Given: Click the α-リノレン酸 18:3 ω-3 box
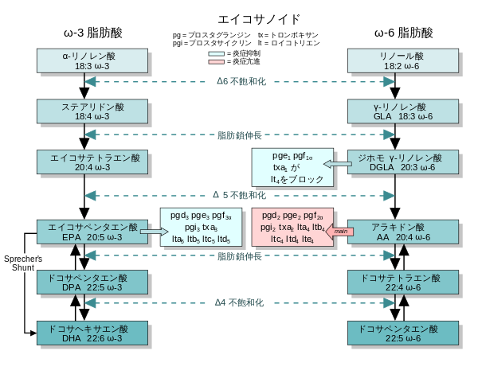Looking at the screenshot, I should point(92,61).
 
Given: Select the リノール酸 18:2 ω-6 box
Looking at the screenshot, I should point(403,61).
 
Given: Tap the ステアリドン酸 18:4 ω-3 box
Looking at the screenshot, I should point(92,111).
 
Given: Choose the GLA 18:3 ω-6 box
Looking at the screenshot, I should point(403,111).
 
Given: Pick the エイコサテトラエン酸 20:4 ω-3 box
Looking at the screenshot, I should point(92,162).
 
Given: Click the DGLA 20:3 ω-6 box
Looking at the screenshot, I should point(403,162).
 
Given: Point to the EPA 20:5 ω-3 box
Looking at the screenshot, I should point(92,232).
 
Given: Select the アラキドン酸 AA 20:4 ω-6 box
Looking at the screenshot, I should point(403,232).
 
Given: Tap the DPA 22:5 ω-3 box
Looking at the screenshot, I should point(92,283).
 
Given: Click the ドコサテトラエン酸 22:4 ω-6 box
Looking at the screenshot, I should point(403,283).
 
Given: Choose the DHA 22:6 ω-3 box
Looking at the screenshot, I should point(92,333).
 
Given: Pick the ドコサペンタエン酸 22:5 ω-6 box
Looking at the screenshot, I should point(403,333).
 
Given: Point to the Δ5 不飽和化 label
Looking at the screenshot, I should point(239,195).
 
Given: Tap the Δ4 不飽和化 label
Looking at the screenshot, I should point(239,303).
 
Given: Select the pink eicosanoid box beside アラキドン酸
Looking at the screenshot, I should point(292,227).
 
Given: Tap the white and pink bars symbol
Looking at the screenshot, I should point(216,57).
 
